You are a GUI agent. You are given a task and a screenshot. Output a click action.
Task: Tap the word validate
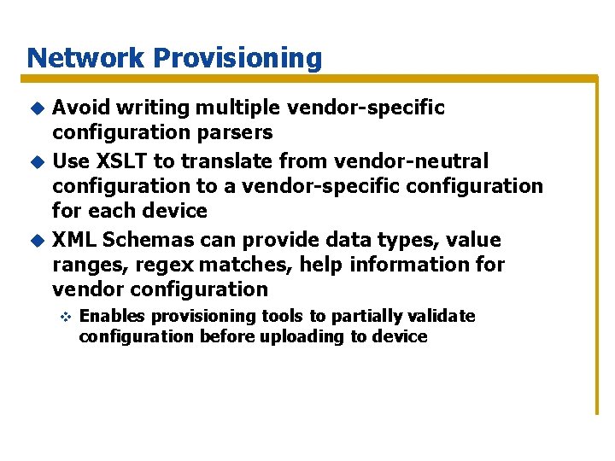tap(439, 316)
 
